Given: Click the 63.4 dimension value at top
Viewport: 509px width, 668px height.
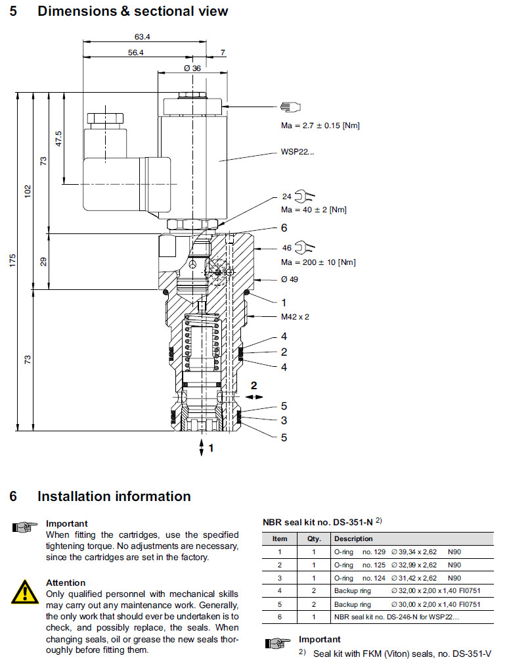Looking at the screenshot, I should tap(143, 36).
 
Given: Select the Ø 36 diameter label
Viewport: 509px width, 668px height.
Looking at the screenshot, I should tap(192, 68).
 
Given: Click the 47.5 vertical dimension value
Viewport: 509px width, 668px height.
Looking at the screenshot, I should tap(59, 139).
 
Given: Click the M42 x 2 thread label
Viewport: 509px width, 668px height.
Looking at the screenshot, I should tap(295, 316).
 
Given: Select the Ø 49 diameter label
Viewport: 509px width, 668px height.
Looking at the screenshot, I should tap(290, 279).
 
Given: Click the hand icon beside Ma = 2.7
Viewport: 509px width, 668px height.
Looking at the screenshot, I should tap(290, 107).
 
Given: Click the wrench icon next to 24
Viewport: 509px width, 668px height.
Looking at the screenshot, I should tap(305, 195).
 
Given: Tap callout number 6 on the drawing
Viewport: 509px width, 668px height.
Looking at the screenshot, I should tap(284, 228).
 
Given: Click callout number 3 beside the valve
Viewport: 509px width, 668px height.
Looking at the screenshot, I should tap(284, 421).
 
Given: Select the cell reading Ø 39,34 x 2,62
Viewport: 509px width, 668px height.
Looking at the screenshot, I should tap(414, 552).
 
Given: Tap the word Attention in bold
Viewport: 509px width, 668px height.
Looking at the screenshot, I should tap(66, 583).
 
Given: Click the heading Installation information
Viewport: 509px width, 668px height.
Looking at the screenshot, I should tap(114, 496).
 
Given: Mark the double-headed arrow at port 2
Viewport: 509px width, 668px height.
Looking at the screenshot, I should tap(255, 396).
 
